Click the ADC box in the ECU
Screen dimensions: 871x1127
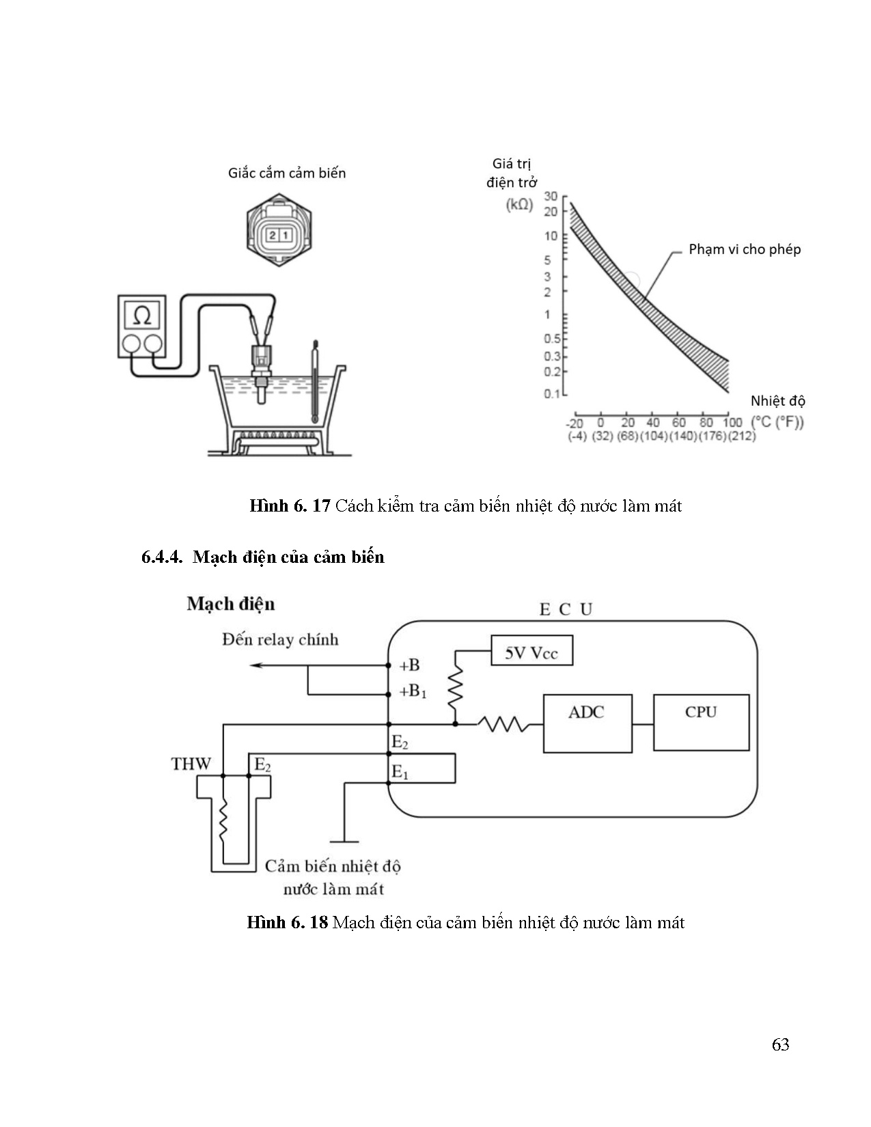point(587,723)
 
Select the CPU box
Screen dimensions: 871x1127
point(701,722)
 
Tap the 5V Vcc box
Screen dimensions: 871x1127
point(531,650)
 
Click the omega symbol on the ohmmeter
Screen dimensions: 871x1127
point(141,316)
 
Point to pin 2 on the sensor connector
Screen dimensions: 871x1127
point(273,236)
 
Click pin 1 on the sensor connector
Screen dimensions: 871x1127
point(285,236)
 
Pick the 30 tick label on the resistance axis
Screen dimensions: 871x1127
point(551,196)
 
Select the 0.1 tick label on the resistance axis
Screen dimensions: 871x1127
point(552,393)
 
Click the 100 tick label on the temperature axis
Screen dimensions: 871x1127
point(732,422)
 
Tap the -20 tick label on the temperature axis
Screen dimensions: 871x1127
point(575,423)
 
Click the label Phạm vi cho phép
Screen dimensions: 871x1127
point(745,249)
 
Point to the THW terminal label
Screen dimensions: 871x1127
point(191,764)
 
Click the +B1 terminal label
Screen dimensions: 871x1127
point(413,691)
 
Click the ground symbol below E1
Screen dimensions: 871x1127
point(344,841)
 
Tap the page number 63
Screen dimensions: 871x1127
point(780,1044)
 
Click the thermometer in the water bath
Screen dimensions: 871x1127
point(314,382)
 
